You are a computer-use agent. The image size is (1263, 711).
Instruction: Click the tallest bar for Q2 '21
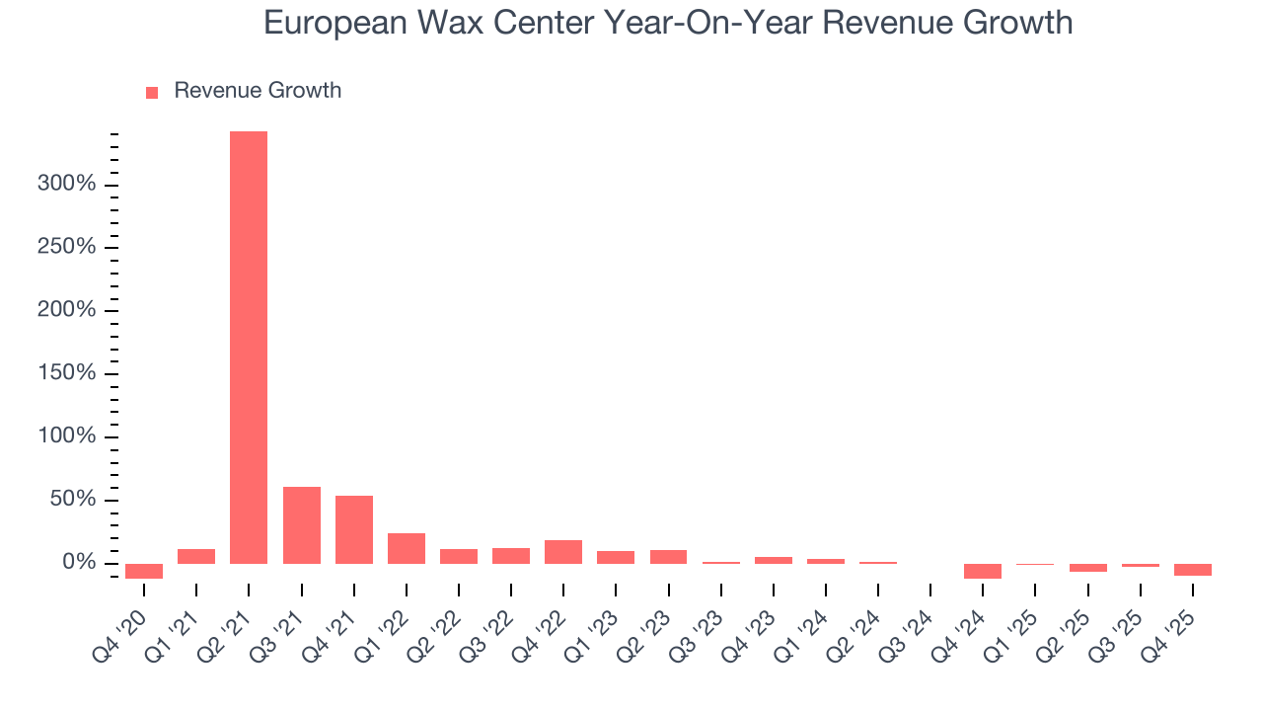[249, 347]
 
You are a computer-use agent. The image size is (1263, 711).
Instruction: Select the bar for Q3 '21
[301, 525]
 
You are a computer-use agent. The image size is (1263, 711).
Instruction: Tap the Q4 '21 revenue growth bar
[353, 529]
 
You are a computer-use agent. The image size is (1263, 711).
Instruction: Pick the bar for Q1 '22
[406, 548]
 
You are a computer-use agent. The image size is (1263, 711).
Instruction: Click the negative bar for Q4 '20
[144, 571]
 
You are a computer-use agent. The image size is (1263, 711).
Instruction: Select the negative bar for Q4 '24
[982, 571]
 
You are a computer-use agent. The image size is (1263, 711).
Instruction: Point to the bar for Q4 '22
[563, 552]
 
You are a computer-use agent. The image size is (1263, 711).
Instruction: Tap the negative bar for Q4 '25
[1192, 570]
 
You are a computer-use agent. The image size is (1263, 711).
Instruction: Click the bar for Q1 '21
[196, 556]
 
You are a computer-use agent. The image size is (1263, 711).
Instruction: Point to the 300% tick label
[67, 184]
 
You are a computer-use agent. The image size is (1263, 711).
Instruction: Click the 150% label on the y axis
[67, 373]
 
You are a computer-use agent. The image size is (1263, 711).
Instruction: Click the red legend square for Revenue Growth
[152, 92]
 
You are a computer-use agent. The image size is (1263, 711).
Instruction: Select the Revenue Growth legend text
[258, 91]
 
